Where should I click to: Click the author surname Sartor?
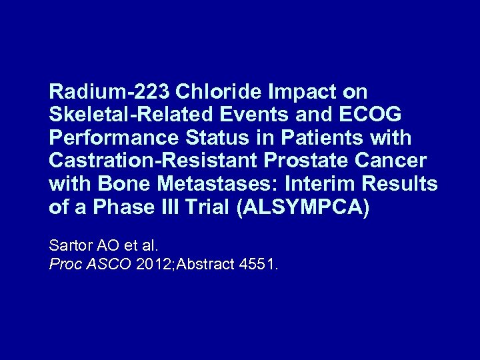point(70,245)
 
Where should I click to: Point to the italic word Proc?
point(64,264)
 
